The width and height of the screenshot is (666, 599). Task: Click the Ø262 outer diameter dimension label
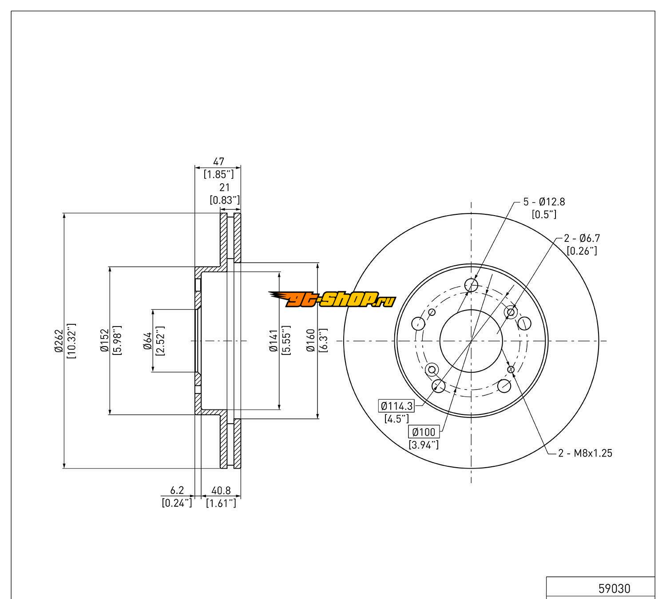point(59,340)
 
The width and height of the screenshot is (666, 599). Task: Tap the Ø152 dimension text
point(104,340)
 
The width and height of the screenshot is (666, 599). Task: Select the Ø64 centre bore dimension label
point(148,341)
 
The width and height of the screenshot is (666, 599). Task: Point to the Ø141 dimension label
point(273,340)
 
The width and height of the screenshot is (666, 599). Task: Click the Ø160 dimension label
point(310,340)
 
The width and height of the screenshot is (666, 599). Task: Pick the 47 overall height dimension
point(218,162)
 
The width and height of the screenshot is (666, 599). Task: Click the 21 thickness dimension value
point(224,188)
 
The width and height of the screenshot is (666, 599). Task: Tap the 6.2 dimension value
point(177,490)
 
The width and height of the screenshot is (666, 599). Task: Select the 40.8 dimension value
point(221,490)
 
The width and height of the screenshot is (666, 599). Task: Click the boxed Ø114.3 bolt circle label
point(396,406)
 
